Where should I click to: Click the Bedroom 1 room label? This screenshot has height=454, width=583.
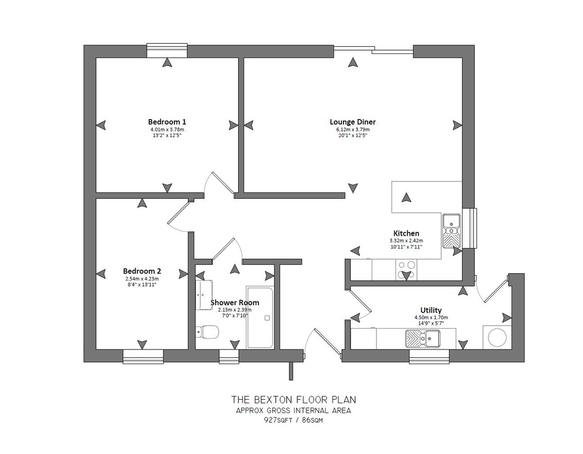(167, 122)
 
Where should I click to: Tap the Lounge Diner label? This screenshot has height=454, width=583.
(353, 122)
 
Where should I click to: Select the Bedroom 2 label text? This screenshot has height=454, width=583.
(142, 271)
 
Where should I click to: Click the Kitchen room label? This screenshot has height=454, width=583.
(406, 233)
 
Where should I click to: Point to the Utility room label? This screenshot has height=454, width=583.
(431, 310)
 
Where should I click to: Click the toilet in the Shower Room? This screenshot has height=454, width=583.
(207, 332)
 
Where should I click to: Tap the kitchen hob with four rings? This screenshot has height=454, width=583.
(406, 270)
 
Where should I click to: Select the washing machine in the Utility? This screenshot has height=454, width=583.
(497, 337)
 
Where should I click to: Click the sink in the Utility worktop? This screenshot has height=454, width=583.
(423, 338)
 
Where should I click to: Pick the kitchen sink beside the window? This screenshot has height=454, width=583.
(451, 231)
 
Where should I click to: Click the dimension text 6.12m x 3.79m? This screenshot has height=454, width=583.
(353, 130)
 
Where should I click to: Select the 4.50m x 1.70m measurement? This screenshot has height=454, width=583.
(431, 317)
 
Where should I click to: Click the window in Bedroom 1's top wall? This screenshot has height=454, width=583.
(167, 51)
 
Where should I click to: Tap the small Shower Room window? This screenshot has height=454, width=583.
(229, 357)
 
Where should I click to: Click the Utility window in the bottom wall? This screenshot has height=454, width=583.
(429, 357)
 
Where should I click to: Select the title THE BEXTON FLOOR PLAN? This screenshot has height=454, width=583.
(293, 400)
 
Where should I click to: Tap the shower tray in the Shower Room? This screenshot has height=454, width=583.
(260, 318)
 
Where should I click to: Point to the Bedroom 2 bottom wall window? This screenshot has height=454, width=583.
(143, 357)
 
